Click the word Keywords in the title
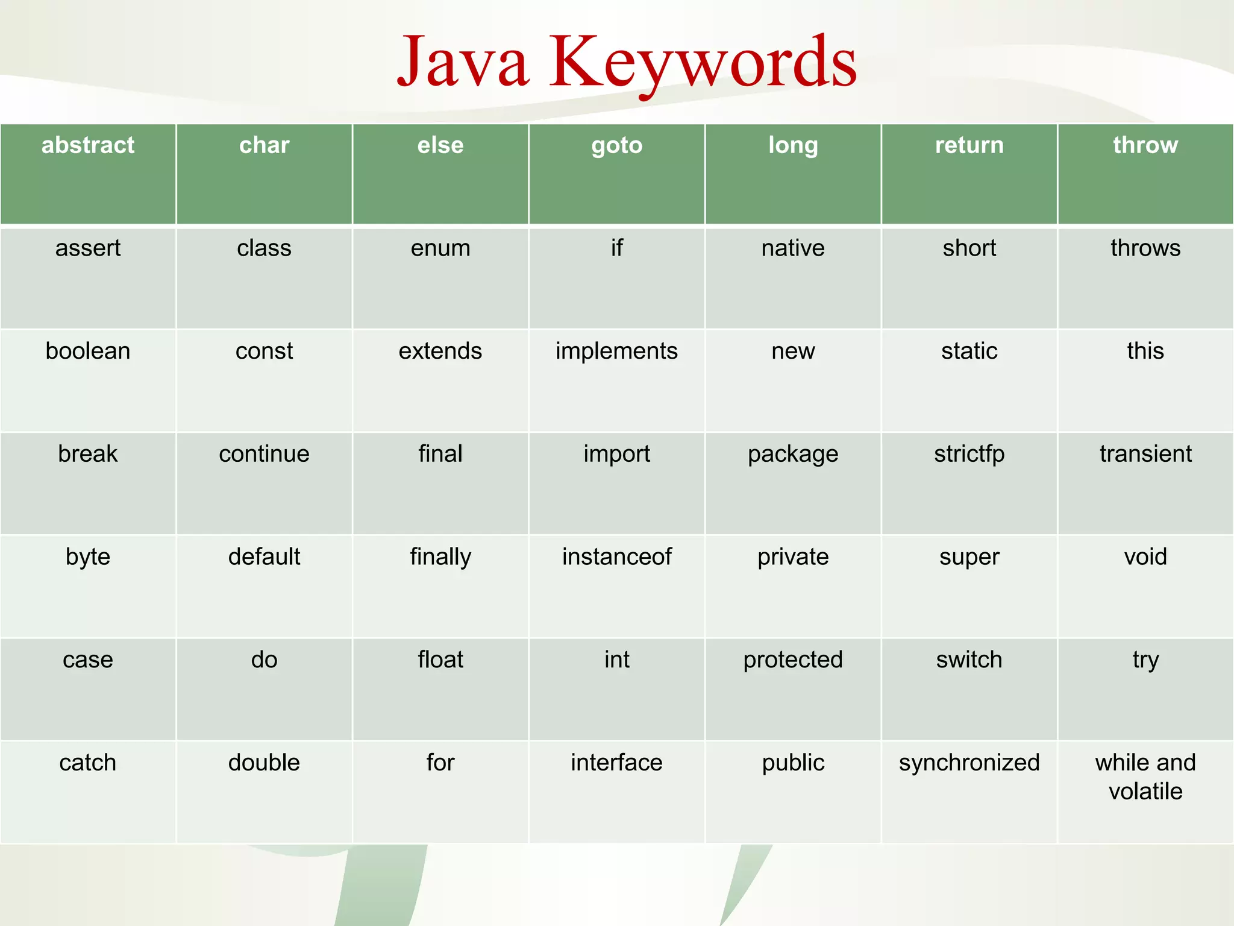point(703,63)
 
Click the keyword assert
point(88,248)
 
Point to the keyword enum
point(440,248)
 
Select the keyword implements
point(616,351)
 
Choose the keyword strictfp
point(969,454)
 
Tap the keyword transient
point(1145,454)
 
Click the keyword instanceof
point(616,556)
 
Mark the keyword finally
point(440,556)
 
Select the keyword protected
point(792,660)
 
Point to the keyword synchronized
point(969,763)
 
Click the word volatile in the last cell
point(1145,791)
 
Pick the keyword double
point(264,763)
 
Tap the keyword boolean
point(88,351)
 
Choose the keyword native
point(792,248)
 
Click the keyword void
point(1145,556)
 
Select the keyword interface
point(616,763)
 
